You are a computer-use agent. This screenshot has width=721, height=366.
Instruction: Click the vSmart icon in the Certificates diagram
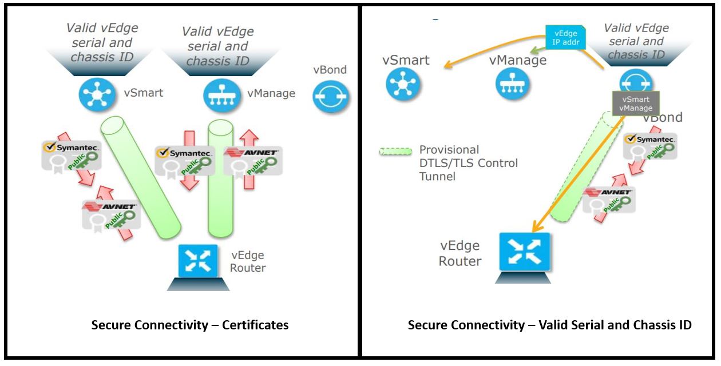point(97,95)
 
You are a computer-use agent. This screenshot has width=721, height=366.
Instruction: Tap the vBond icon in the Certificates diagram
point(331,97)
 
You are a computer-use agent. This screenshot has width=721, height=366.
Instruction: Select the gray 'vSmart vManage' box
point(635,104)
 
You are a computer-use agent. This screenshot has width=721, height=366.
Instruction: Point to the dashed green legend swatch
point(395,151)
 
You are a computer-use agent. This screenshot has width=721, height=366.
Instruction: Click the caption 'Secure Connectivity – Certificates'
point(190,325)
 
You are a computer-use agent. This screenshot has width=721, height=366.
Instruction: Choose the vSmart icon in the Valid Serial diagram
point(403,83)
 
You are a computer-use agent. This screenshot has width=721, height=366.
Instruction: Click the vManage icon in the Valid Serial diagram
point(512,83)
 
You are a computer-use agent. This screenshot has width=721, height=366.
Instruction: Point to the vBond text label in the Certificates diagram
point(330,70)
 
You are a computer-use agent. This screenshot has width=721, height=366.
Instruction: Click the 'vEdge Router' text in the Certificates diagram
point(248,261)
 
